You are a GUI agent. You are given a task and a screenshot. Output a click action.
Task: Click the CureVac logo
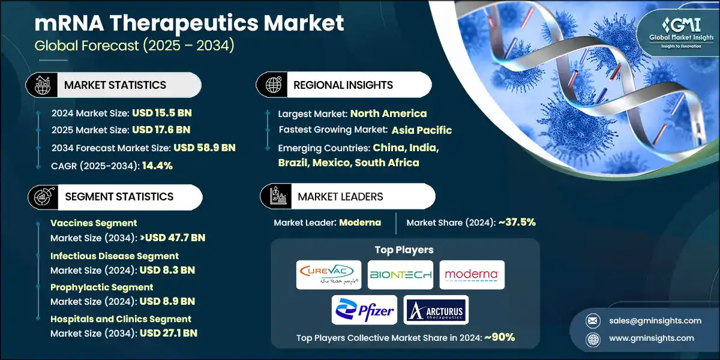(x=329, y=274)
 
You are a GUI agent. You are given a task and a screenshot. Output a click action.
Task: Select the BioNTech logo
(x=401, y=275)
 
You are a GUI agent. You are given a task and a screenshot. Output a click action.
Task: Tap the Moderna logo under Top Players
(x=472, y=275)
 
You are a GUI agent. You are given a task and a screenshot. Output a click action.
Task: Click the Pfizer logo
(x=364, y=310)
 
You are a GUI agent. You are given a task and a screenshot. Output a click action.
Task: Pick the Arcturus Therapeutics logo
(x=436, y=310)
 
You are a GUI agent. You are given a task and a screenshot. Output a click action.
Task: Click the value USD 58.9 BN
(x=205, y=148)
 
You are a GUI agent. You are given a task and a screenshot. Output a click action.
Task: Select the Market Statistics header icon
(x=43, y=85)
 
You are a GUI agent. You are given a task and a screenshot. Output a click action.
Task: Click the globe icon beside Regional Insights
(x=274, y=85)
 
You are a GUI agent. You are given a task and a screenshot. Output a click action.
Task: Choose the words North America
(x=388, y=113)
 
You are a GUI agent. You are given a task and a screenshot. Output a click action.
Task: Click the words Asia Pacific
(x=421, y=130)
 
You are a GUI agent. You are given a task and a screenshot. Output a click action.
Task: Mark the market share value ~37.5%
(x=512, y=222)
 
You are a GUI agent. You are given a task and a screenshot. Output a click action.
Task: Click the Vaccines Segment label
(x=94, y=223)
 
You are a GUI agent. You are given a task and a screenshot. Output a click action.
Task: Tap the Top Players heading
(x=404, y=250)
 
